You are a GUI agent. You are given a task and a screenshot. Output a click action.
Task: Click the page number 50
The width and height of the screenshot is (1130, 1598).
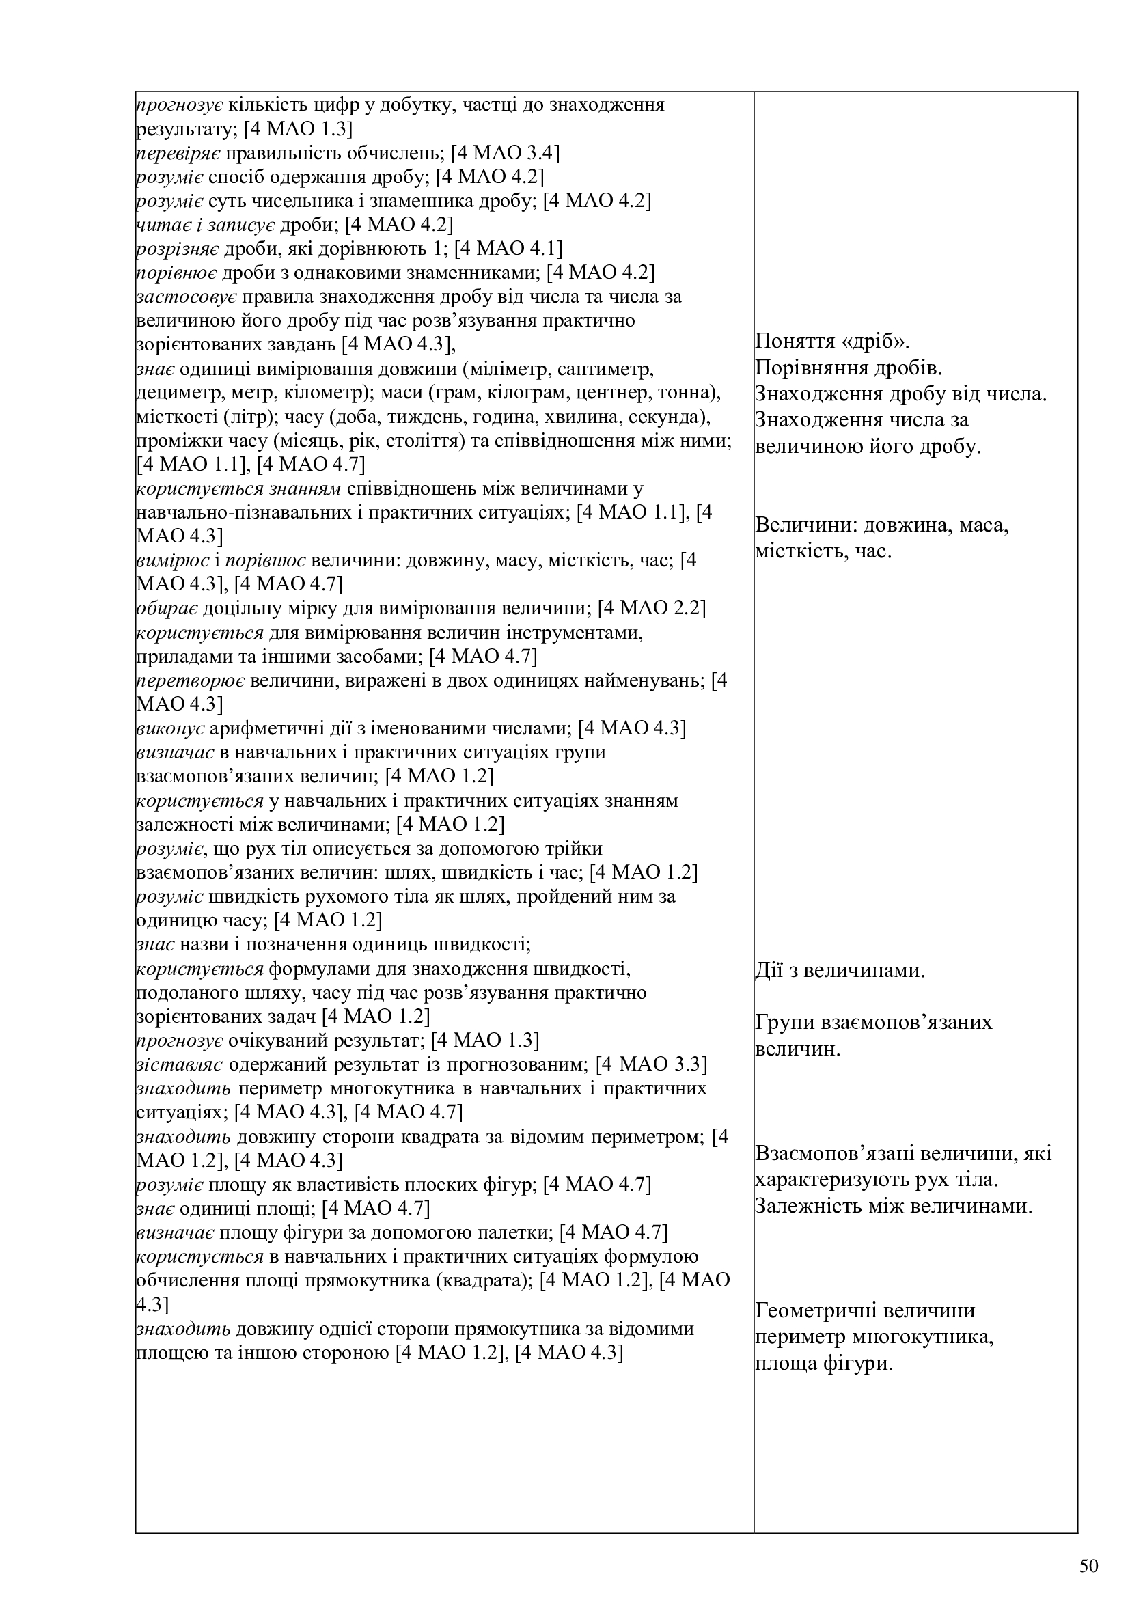click(x=1090, y=1567)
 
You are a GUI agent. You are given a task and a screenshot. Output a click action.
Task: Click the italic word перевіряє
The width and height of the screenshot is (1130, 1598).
click(x=178, y=153)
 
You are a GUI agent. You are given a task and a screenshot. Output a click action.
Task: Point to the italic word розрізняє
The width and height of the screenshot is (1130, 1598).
click(x=178, y=249)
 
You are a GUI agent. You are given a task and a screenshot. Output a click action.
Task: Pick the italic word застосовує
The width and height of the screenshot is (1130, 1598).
click(x=187, y=297)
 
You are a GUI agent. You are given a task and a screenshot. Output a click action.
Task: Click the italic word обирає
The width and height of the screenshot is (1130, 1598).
click(x=167, y=608)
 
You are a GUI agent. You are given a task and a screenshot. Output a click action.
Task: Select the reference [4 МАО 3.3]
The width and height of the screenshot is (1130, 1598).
click(x=652, y=1064)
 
